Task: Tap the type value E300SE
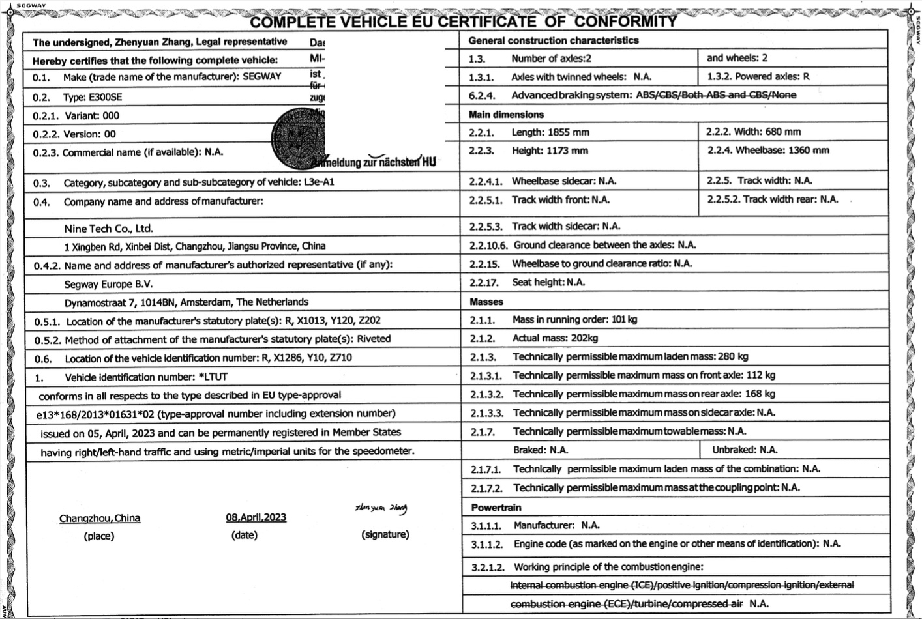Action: click(x=106, y=98)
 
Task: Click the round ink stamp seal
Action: click(x=297, y=136)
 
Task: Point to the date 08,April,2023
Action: click(x=256, y=517)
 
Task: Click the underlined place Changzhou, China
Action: click(x=100, y=519)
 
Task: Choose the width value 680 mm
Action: click(x=783, y=132)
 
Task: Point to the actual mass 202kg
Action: click(x=583, y=338)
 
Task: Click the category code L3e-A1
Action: click(x=319, y=182)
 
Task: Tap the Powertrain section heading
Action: click(x=496, y=508)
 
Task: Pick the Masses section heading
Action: click(x=486, y=302)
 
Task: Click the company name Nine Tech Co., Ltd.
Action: click(x=108, y=229)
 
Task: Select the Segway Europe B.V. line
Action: click(x=108, y=285)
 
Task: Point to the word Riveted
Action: click(x=374, y=339)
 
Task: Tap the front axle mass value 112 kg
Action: click(x=760, y=375)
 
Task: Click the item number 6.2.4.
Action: click(x=482, y=96)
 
